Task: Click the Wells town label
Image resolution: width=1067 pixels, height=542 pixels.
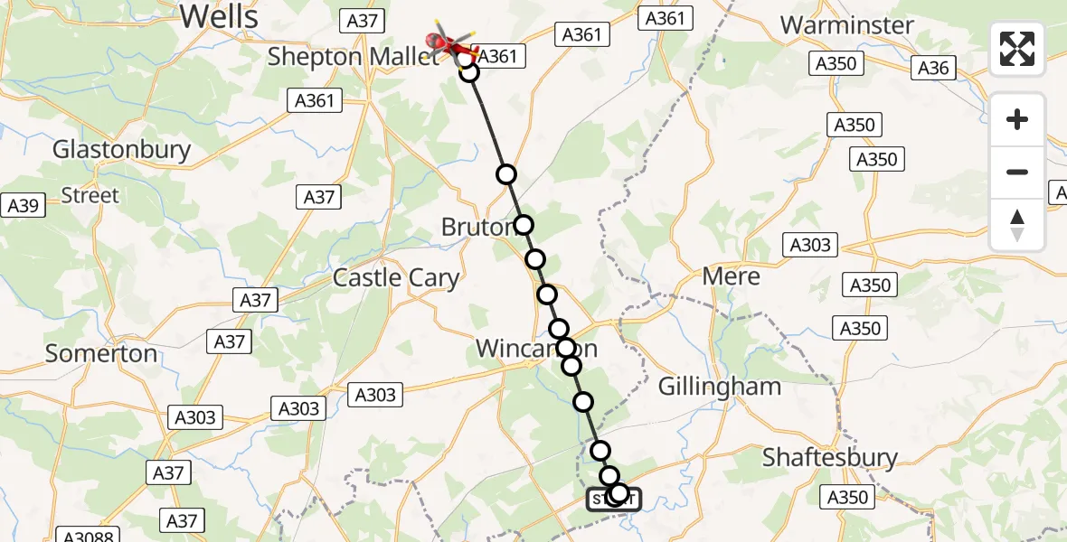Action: [x=219, y=15]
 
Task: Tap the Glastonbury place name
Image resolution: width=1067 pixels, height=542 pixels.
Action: [x=121, y=149]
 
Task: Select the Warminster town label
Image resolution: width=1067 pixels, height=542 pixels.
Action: [x=847, y=24]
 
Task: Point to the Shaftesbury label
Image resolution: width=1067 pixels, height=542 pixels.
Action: [x=830, y=457]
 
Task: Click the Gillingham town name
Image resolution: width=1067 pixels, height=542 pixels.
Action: [x=719, y=387]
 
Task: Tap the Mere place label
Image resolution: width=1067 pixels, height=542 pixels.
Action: [x=732, y=276]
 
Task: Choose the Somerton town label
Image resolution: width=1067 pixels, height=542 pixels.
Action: [x=101, y=353]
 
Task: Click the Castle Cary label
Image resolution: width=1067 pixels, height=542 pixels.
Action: [x=396, y=277]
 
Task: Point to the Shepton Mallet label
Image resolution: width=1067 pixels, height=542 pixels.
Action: [x=353, y=56]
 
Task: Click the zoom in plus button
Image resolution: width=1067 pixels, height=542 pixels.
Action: [x=1017, y=120]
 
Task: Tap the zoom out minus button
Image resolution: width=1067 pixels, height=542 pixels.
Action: [x=1017, y=172]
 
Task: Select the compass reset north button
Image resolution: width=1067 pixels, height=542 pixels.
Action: [x=1017, y=224]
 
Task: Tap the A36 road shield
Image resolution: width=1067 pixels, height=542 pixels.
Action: [x=933, y=67]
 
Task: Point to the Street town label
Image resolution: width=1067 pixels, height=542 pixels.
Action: [x=90, y=195]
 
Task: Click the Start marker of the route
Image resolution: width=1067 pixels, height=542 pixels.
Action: [x=614, y=499]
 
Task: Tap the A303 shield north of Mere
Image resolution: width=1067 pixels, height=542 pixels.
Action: [x=810, y=245]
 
